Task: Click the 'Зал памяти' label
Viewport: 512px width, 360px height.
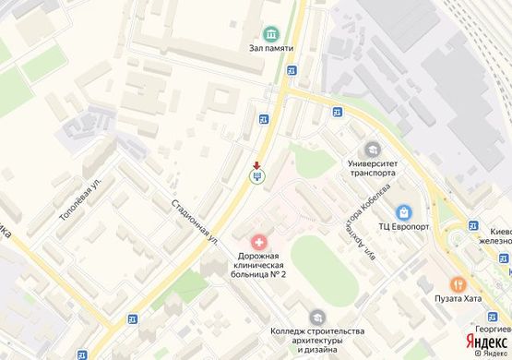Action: tap(271, 47)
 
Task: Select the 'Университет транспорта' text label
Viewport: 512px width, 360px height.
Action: tap(372, 167)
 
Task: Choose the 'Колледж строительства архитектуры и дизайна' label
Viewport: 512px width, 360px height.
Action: tap(316, 340)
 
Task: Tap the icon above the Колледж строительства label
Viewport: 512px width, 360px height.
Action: tap(316, 317)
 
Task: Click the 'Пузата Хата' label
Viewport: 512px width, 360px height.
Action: tap(456, 298)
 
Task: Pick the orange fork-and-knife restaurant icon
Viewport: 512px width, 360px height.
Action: tap(456, 283)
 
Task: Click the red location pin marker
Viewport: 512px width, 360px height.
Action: tap(256, 165)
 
